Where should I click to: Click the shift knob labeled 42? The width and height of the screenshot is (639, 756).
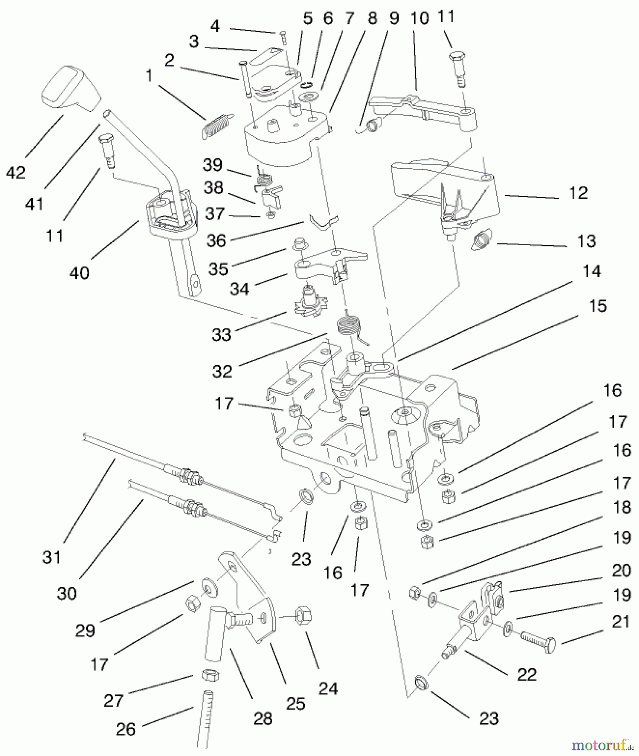[x=71, y=89]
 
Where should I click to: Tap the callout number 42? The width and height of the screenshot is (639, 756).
[x=16, y=172]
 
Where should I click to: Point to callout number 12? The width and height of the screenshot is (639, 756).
[x=578, y=193]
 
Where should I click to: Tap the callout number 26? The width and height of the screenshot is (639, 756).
[x=126, y=729]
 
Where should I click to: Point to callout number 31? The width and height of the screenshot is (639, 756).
[x=52, y=557]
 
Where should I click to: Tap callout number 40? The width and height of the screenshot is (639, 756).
[x=79, y=273]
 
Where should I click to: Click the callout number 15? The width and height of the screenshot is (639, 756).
[x=598, y=306]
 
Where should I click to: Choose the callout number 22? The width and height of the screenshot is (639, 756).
[x=527, y=675]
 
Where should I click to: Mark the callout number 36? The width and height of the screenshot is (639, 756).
[x=216, y=241]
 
